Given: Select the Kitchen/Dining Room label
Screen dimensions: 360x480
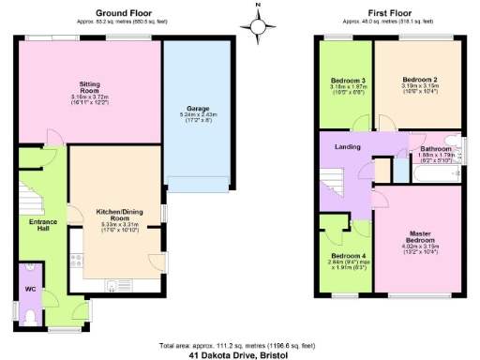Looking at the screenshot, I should pyautogui.click(x=118, y=213).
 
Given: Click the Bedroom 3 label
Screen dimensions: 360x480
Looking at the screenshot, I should pyautogui.click(x=347, y=82).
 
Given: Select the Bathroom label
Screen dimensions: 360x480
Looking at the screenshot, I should pyautogui.click(x=435, y=147).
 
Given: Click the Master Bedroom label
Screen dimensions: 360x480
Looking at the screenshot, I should pyautogui.click(x=419, y=236).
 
